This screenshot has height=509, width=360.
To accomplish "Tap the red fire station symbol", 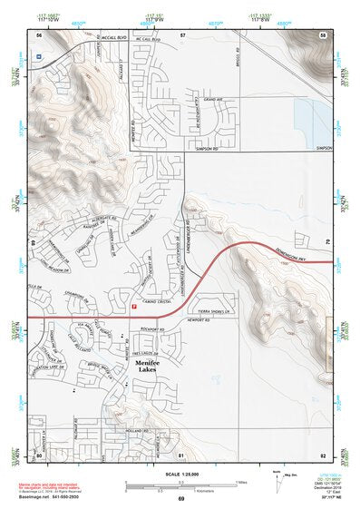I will click(x=134, y=307).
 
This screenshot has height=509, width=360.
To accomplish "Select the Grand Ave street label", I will click(x=213, y=99).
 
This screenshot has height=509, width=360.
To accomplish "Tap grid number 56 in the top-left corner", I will click(x=39, y=34).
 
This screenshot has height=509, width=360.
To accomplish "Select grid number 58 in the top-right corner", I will click(x=322, y=34).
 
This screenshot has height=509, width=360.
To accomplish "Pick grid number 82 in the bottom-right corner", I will click(x=322, y=453).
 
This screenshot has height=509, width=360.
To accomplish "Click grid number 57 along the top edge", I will click(x=182, y=34).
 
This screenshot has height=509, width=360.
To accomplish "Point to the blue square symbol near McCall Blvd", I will click(x=38, y=56).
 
